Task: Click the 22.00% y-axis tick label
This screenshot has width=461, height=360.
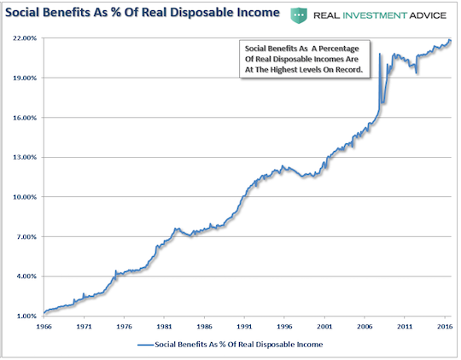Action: pyautogui.click(x=25, y=38)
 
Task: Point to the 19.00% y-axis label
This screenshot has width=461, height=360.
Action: pyautogui.click(x=25, y=78)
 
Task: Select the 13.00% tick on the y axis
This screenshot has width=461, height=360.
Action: pyautogui.click(x=25, y=157)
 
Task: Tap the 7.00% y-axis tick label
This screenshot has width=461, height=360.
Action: pyautogui.click(x=26, y=236)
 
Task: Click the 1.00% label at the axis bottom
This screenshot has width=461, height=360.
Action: pyautogui.click(x=26, y=316)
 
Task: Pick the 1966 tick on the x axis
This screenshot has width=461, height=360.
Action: pyautogui.click(x=44, y=327)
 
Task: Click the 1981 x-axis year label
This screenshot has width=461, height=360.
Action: pyautogui.click(x=164, y=327)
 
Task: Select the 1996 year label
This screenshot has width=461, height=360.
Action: pyautogui.click(x=284, y=327)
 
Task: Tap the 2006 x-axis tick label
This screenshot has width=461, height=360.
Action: pyautogui.click(x=365, y=327)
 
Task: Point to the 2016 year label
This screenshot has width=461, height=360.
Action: pyautogui.click(x=445, y=327)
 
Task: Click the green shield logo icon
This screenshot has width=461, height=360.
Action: pyautogui.click(x=299, y=15)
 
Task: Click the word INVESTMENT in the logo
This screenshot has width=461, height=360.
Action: pyautogui.click(x=375, y=15)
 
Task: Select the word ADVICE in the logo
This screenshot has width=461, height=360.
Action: pyautogui.click(x=428, y=15)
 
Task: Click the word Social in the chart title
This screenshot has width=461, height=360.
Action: pyautogui.click(x=23, y=13)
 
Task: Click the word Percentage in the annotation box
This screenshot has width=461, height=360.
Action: pyautogui.click(x=339, y=49)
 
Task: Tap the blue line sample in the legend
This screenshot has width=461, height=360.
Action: pyautogui.click(x=146, y=345)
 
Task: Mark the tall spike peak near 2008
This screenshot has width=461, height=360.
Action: pyautogui.click(x=380, y=54)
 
